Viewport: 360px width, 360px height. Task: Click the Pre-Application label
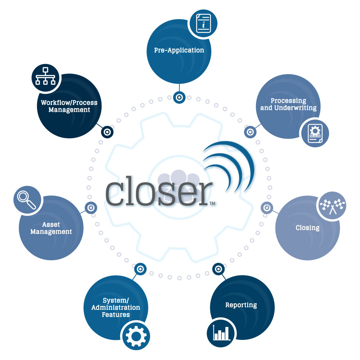179,50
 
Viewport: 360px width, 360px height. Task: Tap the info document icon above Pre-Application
203,23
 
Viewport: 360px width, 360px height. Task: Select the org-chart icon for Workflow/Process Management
45,76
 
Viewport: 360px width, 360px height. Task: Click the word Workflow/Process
69,102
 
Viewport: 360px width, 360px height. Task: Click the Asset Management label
51,228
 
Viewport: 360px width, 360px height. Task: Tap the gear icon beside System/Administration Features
136,336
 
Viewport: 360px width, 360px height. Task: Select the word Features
116,315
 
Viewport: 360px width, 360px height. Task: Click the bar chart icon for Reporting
221,333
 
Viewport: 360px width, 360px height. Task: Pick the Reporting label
241,305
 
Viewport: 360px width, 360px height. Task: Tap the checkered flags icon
332,206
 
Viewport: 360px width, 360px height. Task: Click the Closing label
308,228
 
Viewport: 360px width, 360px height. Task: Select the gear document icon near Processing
315,134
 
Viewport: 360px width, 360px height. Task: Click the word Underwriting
296,108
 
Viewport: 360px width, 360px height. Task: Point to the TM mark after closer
212,203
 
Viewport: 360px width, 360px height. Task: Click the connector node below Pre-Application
179,98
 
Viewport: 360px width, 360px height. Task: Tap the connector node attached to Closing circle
267,208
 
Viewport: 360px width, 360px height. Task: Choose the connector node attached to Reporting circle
219,269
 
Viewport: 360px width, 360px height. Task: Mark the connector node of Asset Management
91,208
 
